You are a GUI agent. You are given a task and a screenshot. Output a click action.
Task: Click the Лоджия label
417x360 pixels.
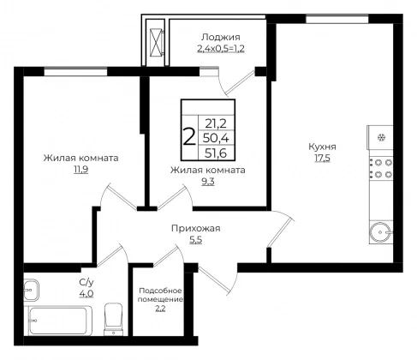pos(221,37)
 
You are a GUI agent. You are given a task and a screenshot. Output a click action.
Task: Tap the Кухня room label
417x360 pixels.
pos(322,147)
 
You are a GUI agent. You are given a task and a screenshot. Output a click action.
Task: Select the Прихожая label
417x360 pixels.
pos(196,229)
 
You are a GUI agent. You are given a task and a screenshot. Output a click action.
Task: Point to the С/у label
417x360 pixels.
pos(86,283)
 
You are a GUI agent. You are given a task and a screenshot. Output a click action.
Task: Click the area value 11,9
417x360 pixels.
pos(81,170)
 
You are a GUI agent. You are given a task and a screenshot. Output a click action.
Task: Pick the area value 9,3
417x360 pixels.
pos(208,182)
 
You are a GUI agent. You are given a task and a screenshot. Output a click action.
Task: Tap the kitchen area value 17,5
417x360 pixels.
pos(323,158)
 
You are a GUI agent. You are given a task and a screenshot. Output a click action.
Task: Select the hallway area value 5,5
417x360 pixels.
pos(196,240)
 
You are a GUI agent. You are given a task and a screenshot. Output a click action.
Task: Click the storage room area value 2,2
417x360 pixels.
pos(160,309)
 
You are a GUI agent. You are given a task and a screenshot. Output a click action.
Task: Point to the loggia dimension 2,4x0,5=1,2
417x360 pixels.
pos(221,49)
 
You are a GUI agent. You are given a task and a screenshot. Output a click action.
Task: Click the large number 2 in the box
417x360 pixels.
pos(189,137)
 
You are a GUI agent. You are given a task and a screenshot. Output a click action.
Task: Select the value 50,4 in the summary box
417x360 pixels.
pos(216,138)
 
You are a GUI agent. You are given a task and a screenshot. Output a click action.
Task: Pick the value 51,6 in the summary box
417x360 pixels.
pos(216,153)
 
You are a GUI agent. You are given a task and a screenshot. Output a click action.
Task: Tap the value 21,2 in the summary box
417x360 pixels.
pos(216,123)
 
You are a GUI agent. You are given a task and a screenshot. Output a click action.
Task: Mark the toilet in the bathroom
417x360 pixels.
pos(114,320)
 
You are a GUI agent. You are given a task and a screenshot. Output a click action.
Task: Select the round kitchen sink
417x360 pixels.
pos(381,232)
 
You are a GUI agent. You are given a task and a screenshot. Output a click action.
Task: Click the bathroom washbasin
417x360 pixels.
pos(31,290)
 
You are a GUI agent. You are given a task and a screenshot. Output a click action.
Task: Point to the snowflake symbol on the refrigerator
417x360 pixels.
pos(381,138)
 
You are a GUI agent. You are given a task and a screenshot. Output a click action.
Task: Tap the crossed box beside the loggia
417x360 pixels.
pos(156,43)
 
